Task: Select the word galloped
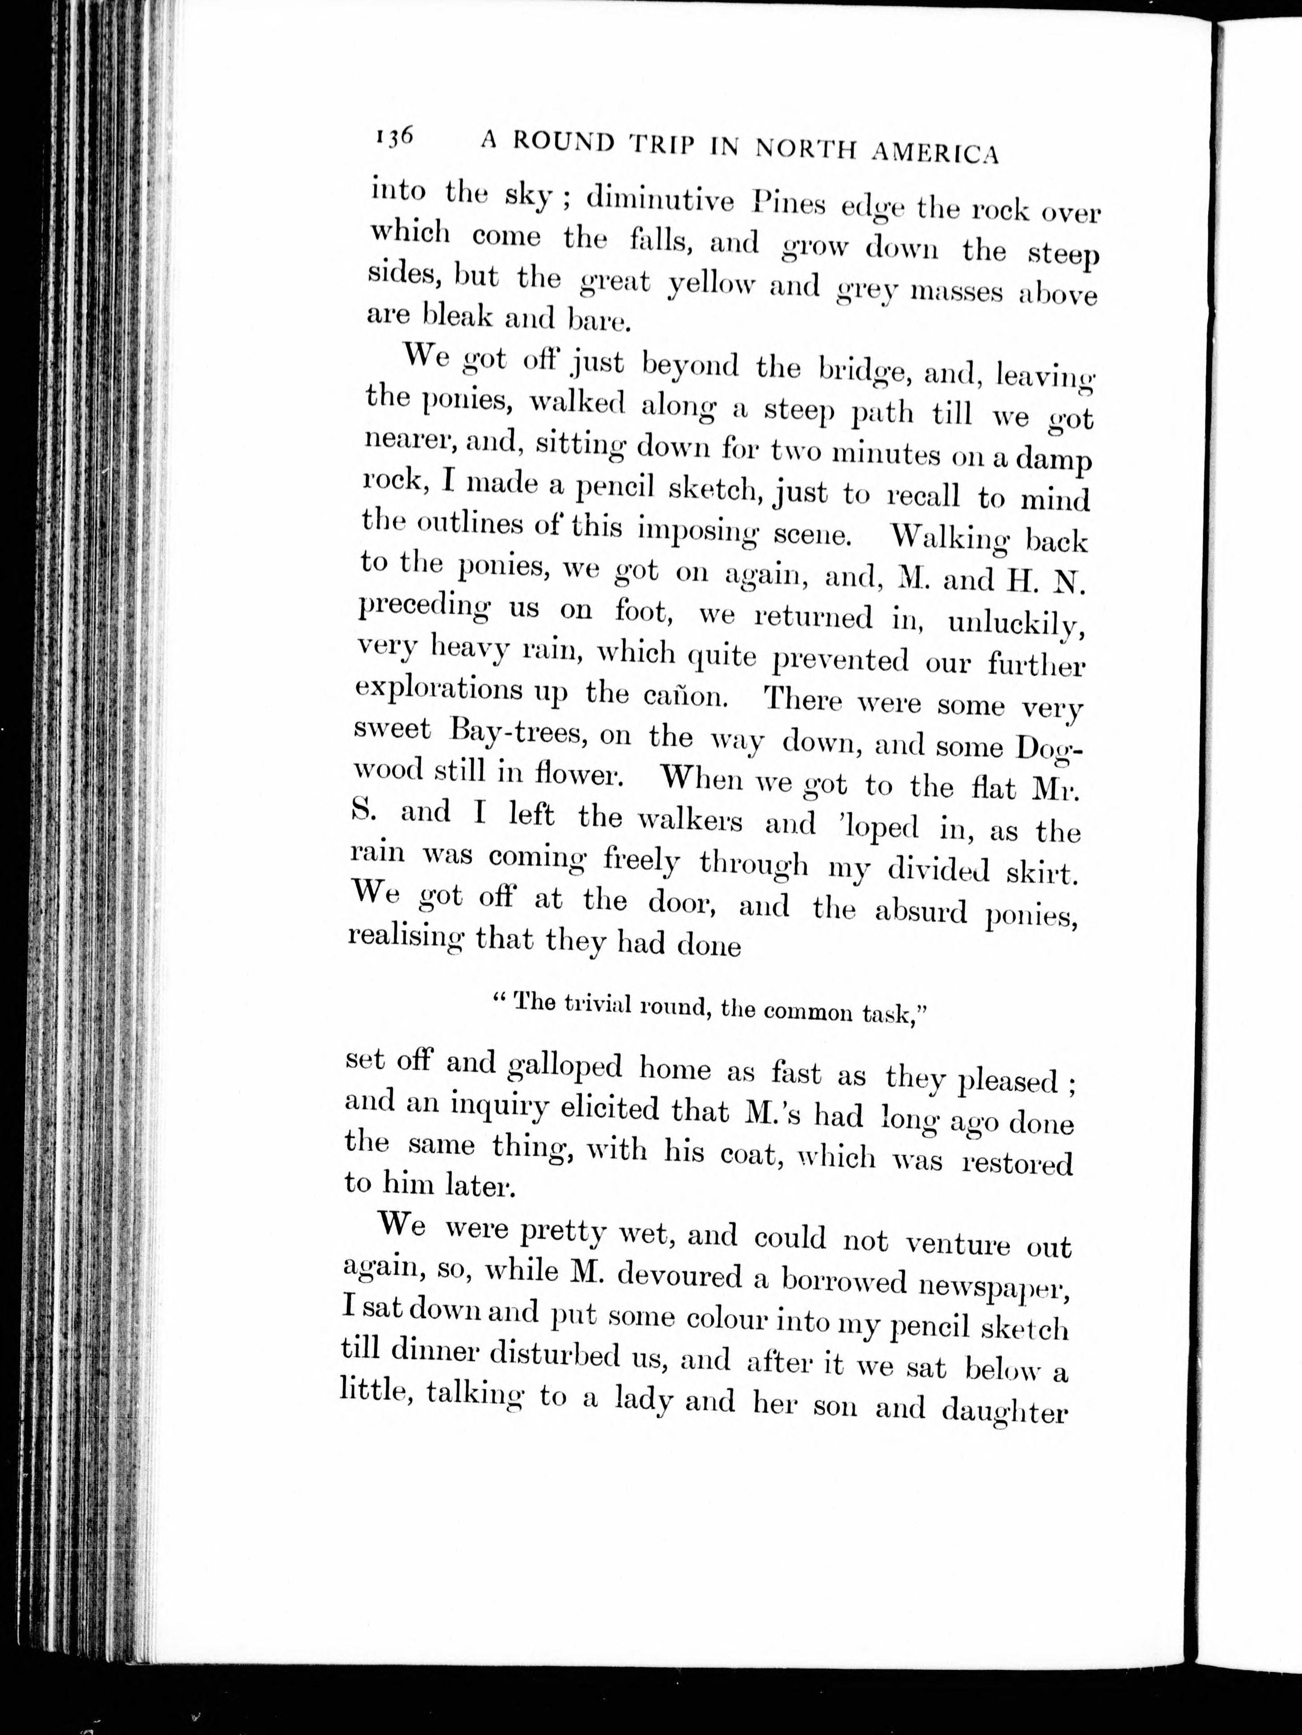pyautogui.click(x=565, y=1066)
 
